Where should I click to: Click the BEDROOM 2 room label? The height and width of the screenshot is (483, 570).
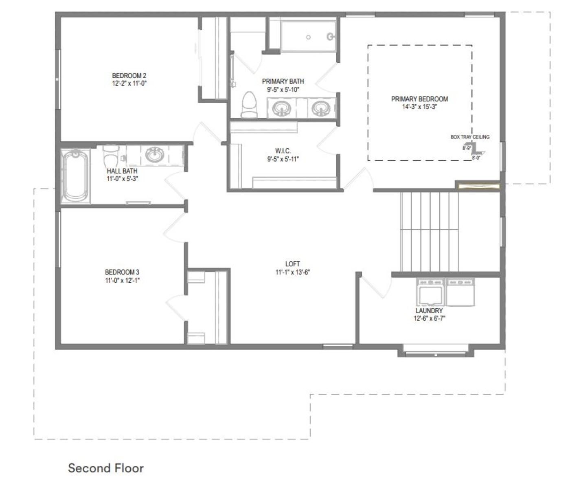point(129,76)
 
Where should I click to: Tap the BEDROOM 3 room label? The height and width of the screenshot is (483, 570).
point(122,272)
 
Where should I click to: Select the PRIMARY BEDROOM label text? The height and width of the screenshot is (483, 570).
point(419,99)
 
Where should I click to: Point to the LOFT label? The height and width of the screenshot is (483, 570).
point(293,264)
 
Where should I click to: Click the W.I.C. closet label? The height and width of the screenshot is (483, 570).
point(283,151)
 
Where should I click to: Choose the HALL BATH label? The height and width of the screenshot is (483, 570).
point(122,171)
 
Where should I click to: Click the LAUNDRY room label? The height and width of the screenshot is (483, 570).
point(430,311)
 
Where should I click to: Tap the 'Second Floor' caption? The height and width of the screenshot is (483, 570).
point(106,468)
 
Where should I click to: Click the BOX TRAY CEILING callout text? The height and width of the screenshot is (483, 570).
point(470,137)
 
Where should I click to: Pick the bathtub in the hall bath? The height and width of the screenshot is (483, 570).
point(75,176)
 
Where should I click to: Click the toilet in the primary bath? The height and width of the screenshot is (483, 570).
point(249,105)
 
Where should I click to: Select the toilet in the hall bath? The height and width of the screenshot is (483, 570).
point(111,156)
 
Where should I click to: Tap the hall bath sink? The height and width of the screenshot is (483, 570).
point(155,154)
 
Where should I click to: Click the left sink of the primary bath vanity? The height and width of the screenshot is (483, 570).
point(282,108)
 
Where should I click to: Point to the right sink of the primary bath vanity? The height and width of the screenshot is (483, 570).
point(321,108)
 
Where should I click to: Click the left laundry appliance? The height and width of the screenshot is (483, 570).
point(431,292)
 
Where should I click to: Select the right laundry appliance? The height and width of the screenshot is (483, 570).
point(460,292)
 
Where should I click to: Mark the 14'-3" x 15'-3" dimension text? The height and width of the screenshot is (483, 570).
point(420,107)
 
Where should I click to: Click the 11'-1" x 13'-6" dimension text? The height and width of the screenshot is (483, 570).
point(293,272)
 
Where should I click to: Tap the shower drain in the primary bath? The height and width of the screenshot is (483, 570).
point(308,37)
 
